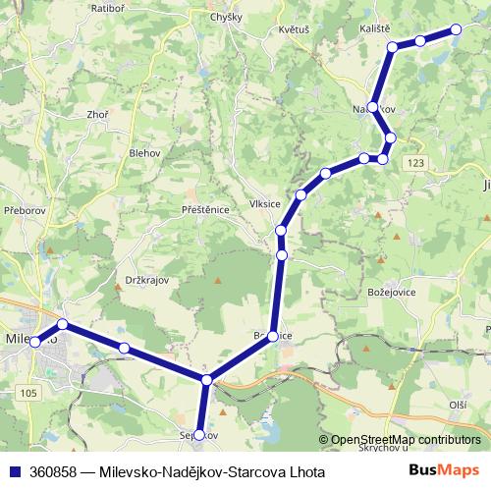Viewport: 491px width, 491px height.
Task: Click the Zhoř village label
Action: (x=97, y=115)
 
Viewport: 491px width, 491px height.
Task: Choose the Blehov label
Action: (x=144, y=153)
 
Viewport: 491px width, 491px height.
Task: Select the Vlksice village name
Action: (x=266, y=204)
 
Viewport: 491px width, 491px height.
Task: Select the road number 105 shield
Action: (x=27, y=393)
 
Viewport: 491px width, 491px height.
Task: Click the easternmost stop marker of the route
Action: (x=457, y=30)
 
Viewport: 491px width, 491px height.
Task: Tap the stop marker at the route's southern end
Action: (x=198, y=434)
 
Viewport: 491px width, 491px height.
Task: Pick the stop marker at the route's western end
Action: (x=35, y=343)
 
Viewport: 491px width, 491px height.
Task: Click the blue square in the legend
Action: (x=15, y=470)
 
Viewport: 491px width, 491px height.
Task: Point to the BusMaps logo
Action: (x=444, y=470)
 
